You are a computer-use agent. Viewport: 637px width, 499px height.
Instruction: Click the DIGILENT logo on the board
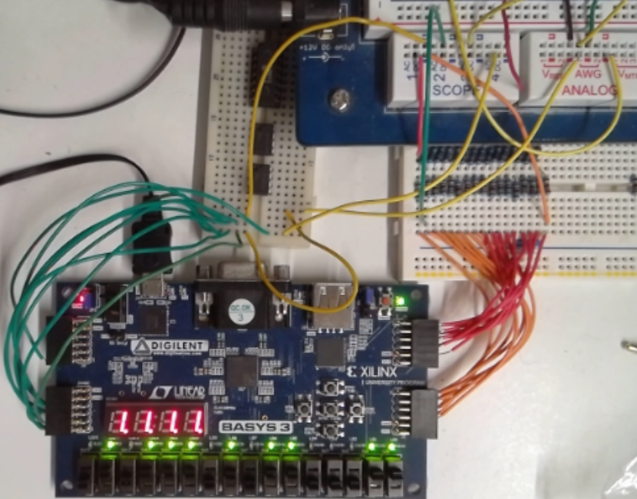pyautogui.click(x=164, y=347)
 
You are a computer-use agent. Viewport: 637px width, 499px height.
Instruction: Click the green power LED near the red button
pyautogui.click(x=399, y=299)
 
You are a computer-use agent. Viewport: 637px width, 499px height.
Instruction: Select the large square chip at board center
pyautogui.click(x=242, y=372)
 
